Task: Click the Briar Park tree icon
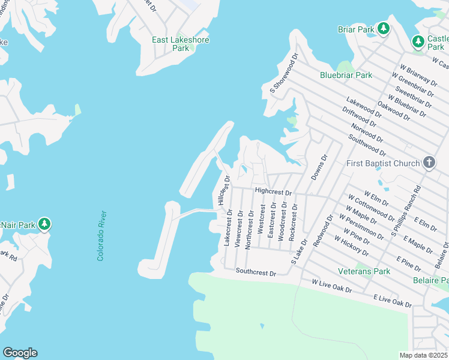[x=383, y=28]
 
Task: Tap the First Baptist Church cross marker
[x=429, y=163]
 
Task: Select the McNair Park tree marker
[x=44, y=224]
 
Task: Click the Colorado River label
[x=102, y=235]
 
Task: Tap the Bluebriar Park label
[x=346, y=75]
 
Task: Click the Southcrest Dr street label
[x=256, y=272]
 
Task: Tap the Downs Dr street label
[x=319, y=167]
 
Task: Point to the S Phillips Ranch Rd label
[x=406, y=209]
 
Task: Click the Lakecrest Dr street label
[x=227, y=227]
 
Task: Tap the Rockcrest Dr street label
[x=293, y=222]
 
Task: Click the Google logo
[x=20, y=353]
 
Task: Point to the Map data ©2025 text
[x=424, y=355]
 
